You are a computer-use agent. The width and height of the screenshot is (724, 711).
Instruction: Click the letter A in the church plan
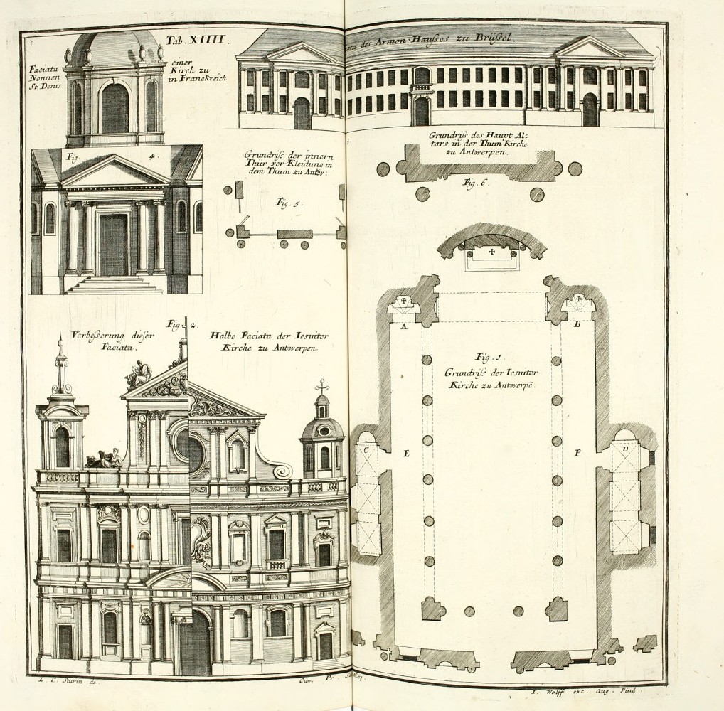(x=404, y=326)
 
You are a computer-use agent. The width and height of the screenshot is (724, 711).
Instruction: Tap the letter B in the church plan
(x=577, y=325)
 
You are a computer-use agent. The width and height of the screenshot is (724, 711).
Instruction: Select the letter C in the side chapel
(x=367, y=449)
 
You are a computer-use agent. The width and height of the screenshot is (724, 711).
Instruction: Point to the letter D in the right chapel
(x=624, y=449)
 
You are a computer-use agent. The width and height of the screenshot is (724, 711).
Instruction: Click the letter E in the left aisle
(x=406, y=453)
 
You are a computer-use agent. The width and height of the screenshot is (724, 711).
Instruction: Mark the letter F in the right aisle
(x=578, y=452)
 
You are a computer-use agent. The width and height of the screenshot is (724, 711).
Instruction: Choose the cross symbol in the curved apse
(x=491, y=252)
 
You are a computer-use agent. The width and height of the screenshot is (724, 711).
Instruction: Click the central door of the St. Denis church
(x=113, y=244)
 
